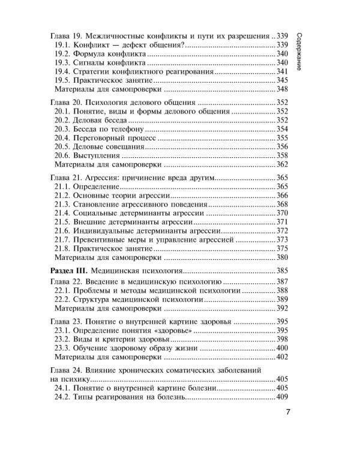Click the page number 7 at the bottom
[x=289, y=413]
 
